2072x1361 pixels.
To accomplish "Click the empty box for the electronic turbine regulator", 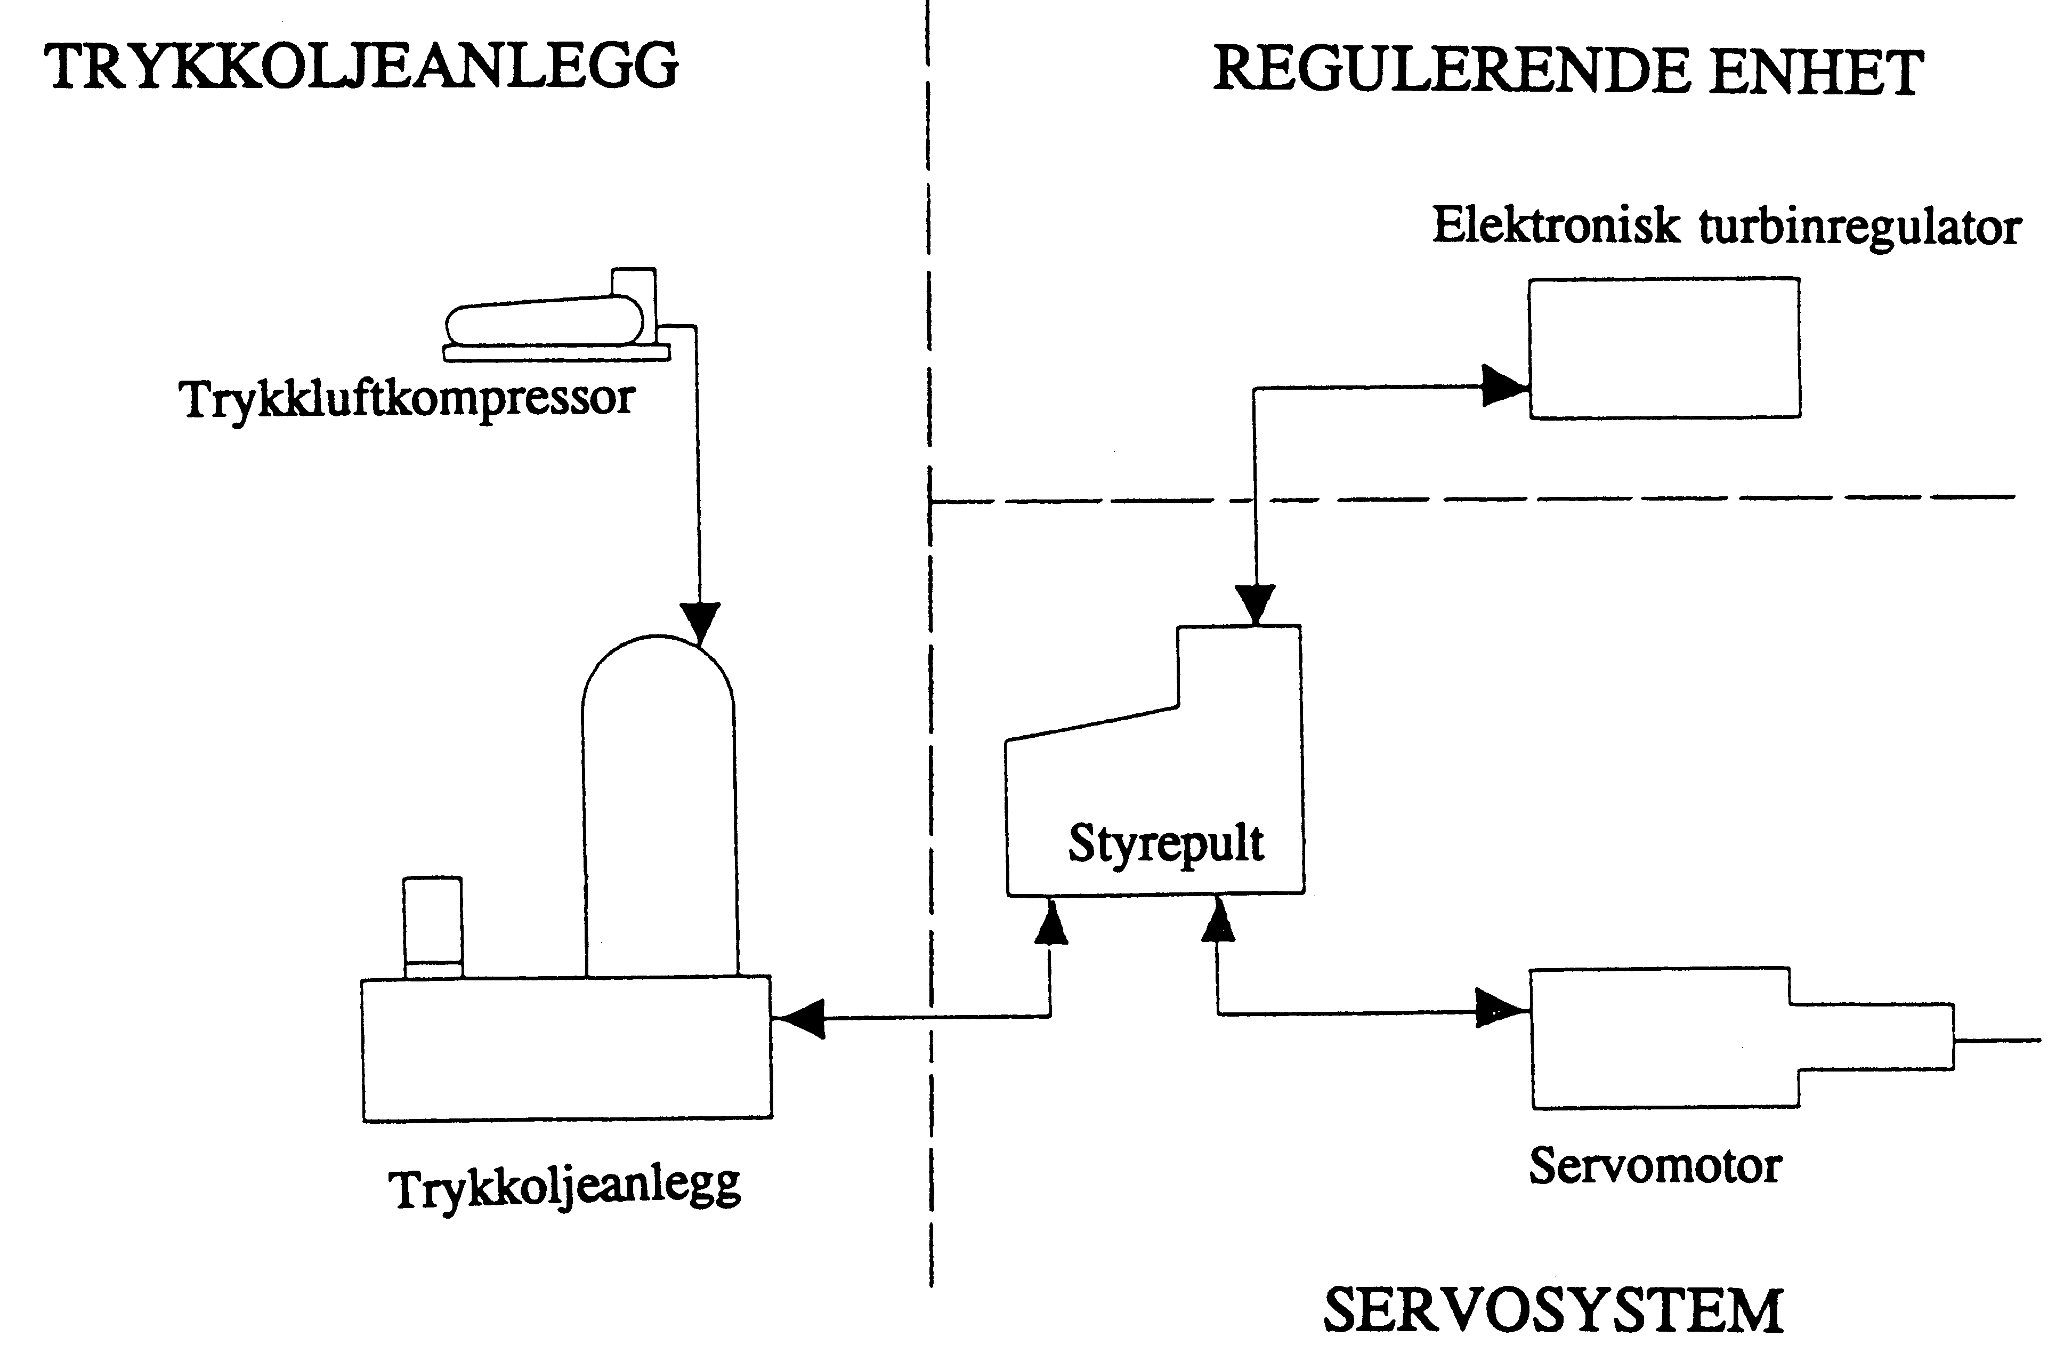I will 1664,348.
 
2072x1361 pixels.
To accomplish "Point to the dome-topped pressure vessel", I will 659,810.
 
